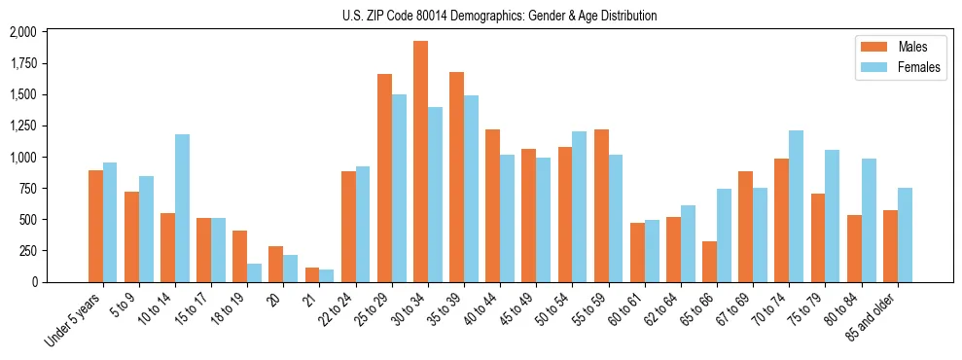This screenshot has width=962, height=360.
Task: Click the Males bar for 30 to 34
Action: click(420, 162)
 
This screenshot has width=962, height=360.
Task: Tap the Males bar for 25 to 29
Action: click(384, 178)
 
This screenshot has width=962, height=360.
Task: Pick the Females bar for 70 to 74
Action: click(796, 206)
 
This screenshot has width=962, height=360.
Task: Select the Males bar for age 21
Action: click(312, 274)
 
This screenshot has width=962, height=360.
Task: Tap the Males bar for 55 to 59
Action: click(601, 205)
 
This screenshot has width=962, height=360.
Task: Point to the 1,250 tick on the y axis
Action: click(49, 126)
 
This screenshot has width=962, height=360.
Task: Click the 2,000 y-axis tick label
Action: click(49, 32)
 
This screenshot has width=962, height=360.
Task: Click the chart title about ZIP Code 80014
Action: click(499, 16)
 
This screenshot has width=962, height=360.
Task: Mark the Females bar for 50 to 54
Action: click(580, 206)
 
